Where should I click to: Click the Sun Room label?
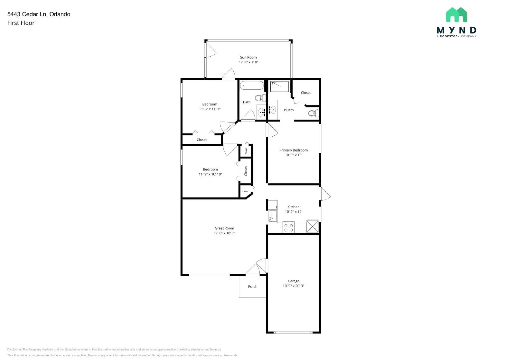point(248,57)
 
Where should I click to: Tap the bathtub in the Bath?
point(251,86)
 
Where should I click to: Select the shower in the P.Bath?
point(279,86)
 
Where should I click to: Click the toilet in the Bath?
point(260,97)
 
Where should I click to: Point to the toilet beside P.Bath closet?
point(313,113)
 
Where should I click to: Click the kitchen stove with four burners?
point(288,228)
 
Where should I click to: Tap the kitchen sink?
point(272,215)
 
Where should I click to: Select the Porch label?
point(253,287)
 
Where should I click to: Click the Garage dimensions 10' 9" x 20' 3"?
point(293,286)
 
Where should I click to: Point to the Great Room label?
point(224,228)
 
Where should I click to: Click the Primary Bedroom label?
point(293,150)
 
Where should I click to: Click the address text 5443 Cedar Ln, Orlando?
point(39,14)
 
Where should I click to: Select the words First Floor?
point(21,23)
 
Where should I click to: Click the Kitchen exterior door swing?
point(325,194)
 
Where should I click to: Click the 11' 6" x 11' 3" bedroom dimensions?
point(210,109)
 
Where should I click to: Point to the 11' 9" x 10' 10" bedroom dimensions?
point(210,174)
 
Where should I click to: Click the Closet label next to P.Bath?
point(306,93)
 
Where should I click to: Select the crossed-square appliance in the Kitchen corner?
point(312,226)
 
